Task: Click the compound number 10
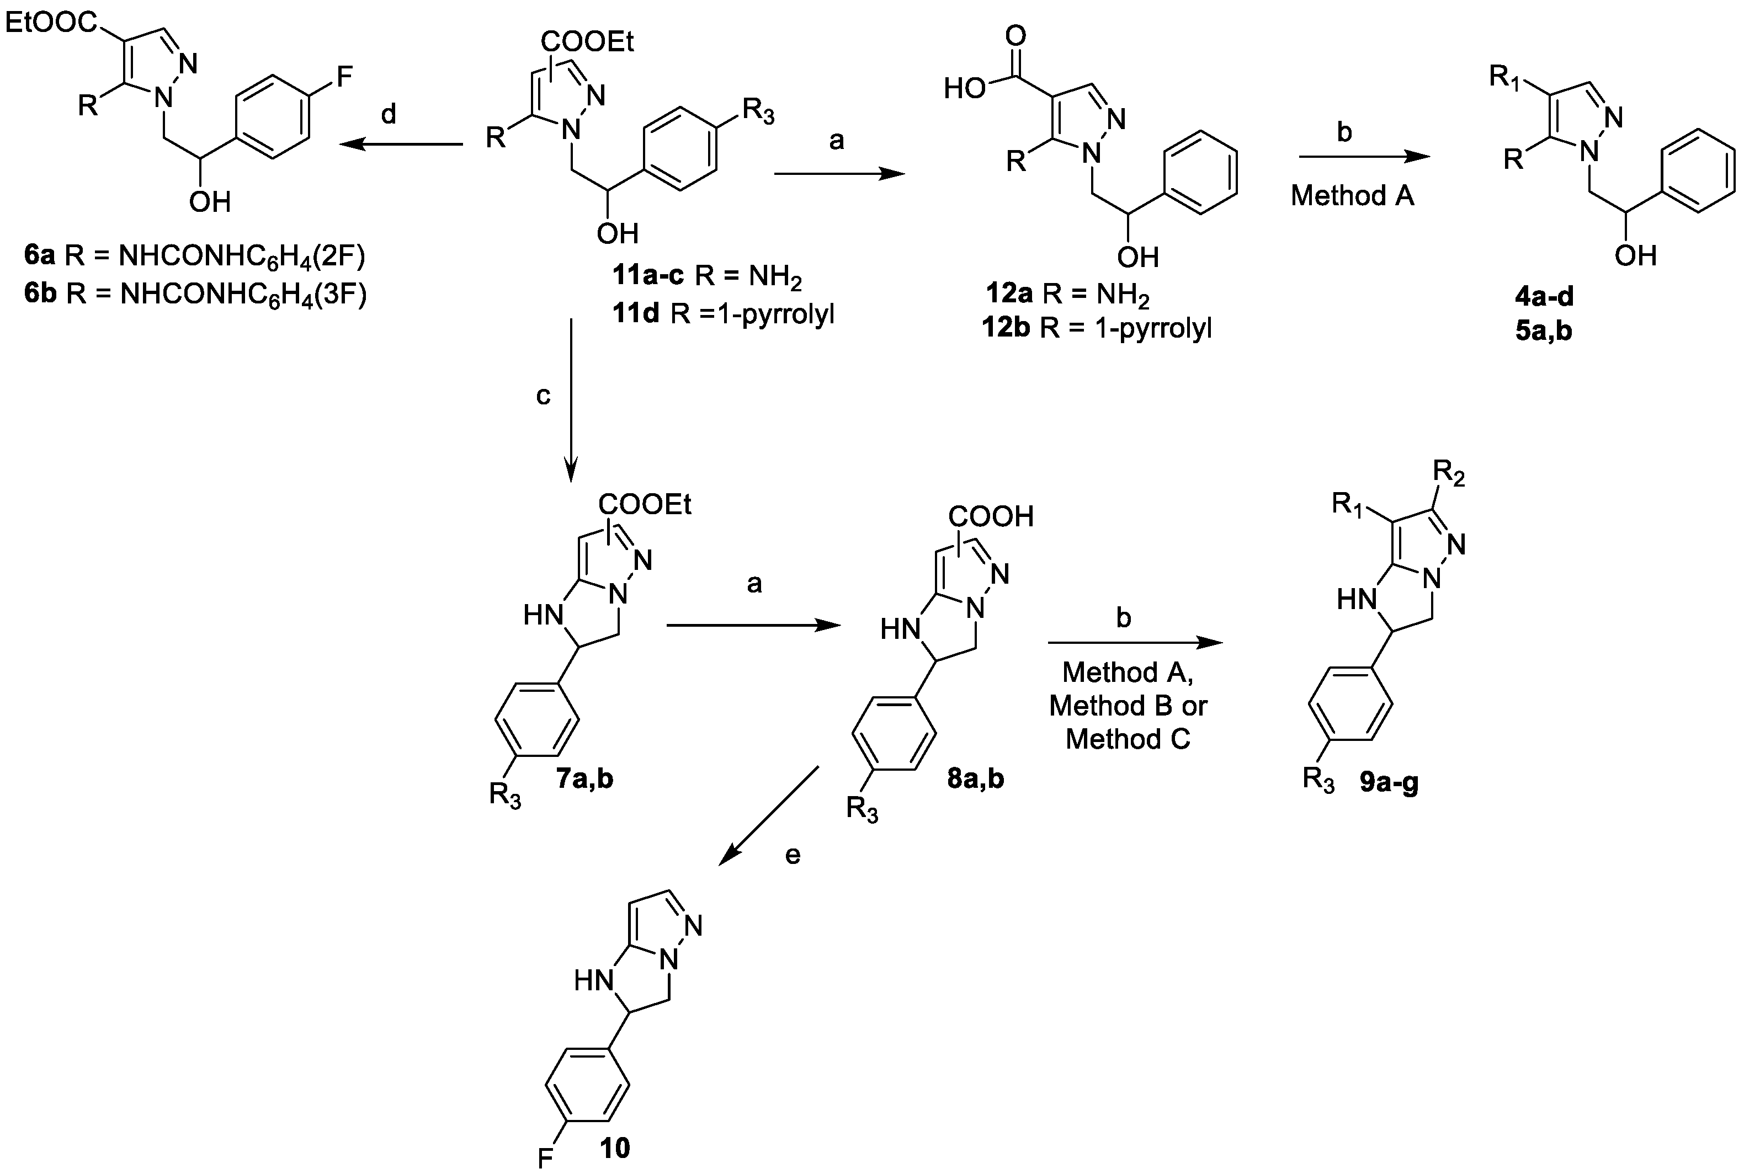point(615,1147)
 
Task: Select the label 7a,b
point(585,778)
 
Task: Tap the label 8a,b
point(976,778)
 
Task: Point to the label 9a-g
point(1389,783)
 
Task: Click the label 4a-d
point(1544,296)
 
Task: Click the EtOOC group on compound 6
point(50,23)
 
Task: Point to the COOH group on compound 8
point(990,516)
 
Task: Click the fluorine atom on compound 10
point(545,1159)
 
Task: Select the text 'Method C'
point(1128,740)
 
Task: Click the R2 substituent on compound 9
point(1448,474)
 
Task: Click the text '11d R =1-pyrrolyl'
point(722,314)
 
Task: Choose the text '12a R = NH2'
point(1067,294)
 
